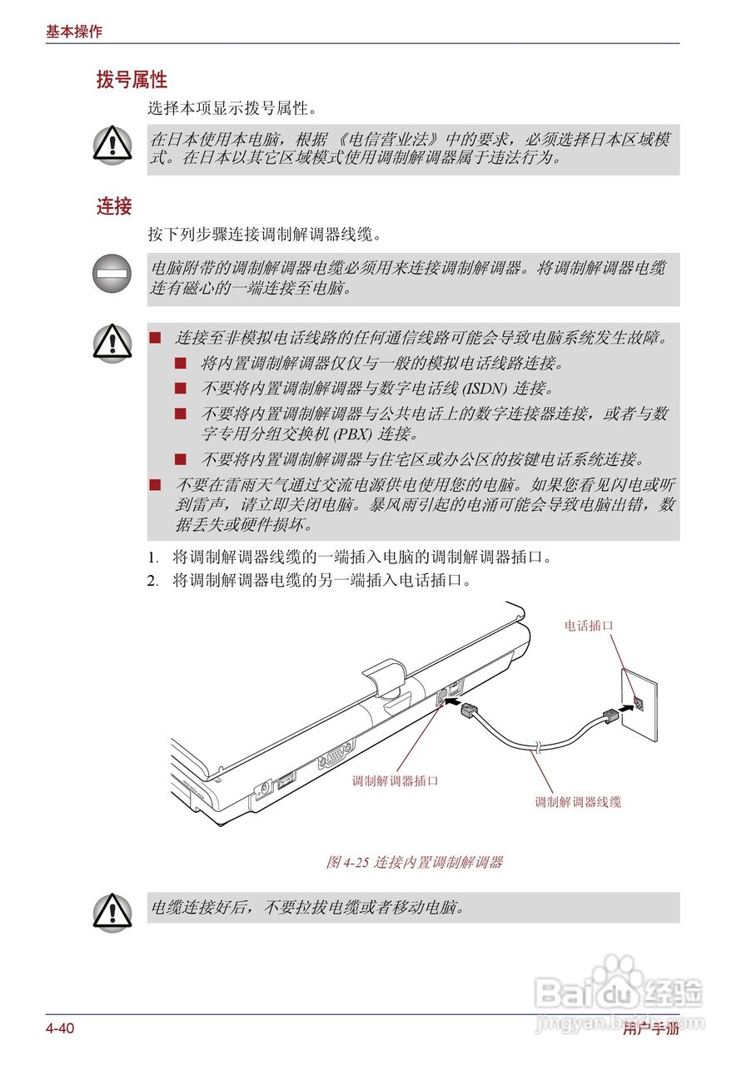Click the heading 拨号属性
pos(132,80)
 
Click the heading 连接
pos(114,206)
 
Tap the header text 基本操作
pos(74,32)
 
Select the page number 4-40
pos(60,1029)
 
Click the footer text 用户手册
pos(650,1029)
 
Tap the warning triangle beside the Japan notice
pos(112,144)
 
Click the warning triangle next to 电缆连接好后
pos(112,909)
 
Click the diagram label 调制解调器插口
pos(395,781)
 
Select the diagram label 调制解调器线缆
pos(578,802)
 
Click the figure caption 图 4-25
pos(414,862)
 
